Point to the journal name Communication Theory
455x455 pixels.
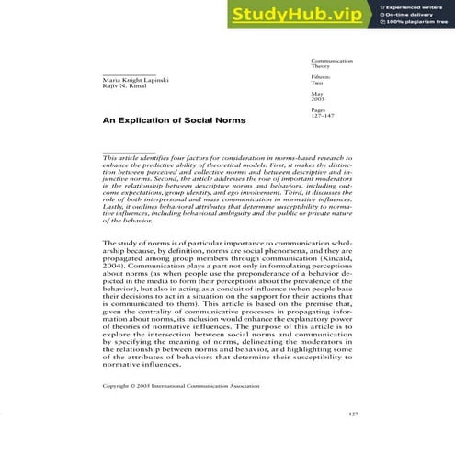(x=328, y=63)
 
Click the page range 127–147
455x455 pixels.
(x=324, y=115)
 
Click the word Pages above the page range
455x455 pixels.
(x=318, y=108)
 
